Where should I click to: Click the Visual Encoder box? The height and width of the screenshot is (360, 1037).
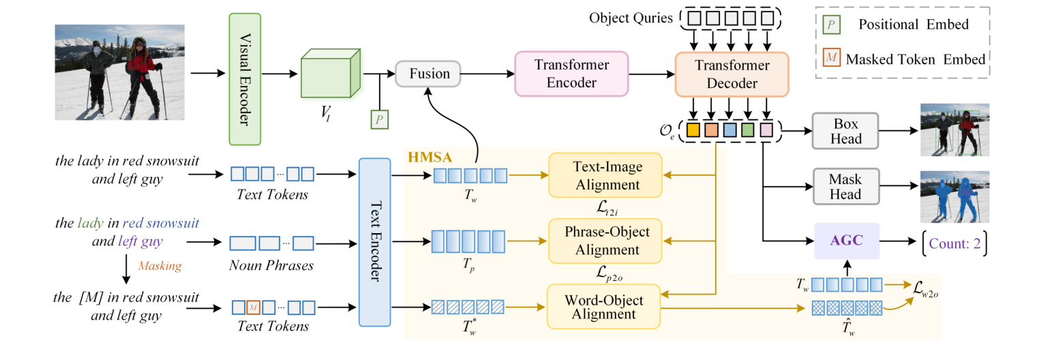(x=245, y=79)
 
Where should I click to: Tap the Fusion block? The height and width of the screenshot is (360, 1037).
(x=429, y=74)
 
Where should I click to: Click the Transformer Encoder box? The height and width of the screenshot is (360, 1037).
(x=565, y=74)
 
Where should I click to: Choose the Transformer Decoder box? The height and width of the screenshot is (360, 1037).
(x=731, y=74)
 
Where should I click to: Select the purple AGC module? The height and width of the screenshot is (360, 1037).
(x=847, y=241)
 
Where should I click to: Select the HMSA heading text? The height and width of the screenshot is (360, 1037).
(x=427, y=156)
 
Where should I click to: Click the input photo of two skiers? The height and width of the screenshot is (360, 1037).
(x=119, y=73)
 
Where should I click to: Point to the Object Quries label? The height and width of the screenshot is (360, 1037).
(x=631, y=16)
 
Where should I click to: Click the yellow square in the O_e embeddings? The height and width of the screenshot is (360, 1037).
(x=694, y=130)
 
